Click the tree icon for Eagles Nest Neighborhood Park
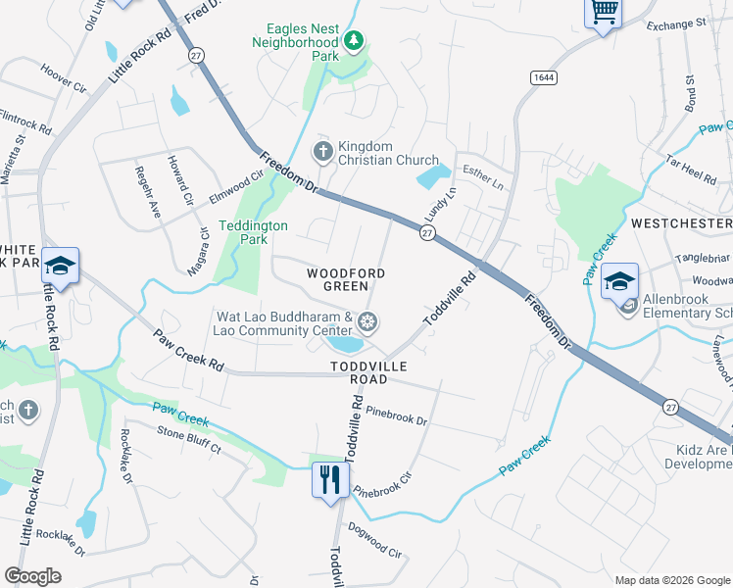tap(354, 40)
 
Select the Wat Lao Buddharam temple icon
tap(367, 321)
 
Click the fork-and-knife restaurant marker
tap(329, 479)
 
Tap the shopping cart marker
tap(604, 13)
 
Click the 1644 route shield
tap(542, 76)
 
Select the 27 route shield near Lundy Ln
tap(426, 232)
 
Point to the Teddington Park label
tap(253, 231)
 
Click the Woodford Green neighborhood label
tap(345, 279)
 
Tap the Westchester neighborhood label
tap(681, 223)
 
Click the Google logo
tap(32, 576)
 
